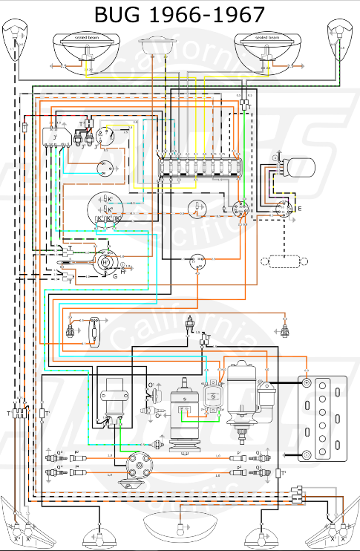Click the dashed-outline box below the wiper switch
[x=284, y=261]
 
